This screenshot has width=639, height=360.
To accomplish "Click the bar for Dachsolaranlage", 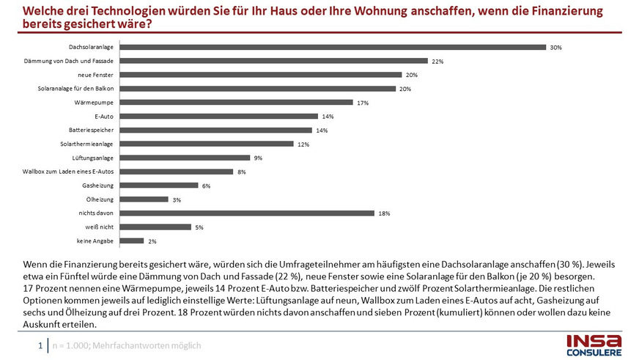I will coord(333,47).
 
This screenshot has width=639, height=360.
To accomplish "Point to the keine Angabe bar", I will coord(132,240).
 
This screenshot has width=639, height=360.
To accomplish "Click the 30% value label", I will coord(555,48).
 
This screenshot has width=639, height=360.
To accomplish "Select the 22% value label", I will coord(437,62).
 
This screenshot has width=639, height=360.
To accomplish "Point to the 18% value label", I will coord(384,213).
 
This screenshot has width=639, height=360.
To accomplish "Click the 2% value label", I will coord(152,241).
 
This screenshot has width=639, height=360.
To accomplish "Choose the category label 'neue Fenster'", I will coord(95,75).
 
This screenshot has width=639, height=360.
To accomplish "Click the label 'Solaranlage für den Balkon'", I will coord(76,89).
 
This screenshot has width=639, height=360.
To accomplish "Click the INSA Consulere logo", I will coord(594,345).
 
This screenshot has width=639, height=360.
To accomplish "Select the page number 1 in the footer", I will coord(40,345).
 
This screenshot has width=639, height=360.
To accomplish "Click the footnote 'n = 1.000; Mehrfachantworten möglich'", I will coord(125,345).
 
